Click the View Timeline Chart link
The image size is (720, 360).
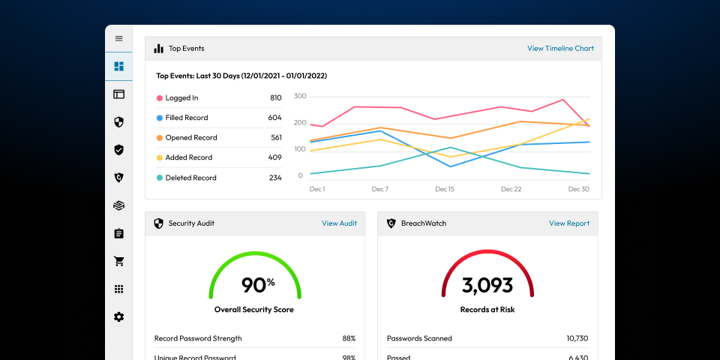560,49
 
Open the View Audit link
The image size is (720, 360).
339,223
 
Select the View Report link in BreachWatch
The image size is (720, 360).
568,223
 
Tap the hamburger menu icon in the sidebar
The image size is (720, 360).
118,38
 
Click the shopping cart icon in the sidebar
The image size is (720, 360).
118,262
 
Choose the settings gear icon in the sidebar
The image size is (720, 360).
118,317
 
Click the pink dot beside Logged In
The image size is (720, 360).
159,98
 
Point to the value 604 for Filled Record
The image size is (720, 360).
274,118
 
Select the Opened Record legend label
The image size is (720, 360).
191,138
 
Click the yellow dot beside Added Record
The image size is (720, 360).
159,158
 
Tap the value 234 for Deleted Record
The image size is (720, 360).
274,178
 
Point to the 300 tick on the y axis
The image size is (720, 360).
299,97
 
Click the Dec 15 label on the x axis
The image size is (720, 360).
445,190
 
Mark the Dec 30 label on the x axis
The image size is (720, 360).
578,190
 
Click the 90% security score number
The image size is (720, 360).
257,285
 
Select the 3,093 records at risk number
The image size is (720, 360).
487,285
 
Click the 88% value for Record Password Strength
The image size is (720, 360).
349,338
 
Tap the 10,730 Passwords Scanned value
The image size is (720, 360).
577,338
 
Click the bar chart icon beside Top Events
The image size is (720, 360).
159,49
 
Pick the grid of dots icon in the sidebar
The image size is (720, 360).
118,289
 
